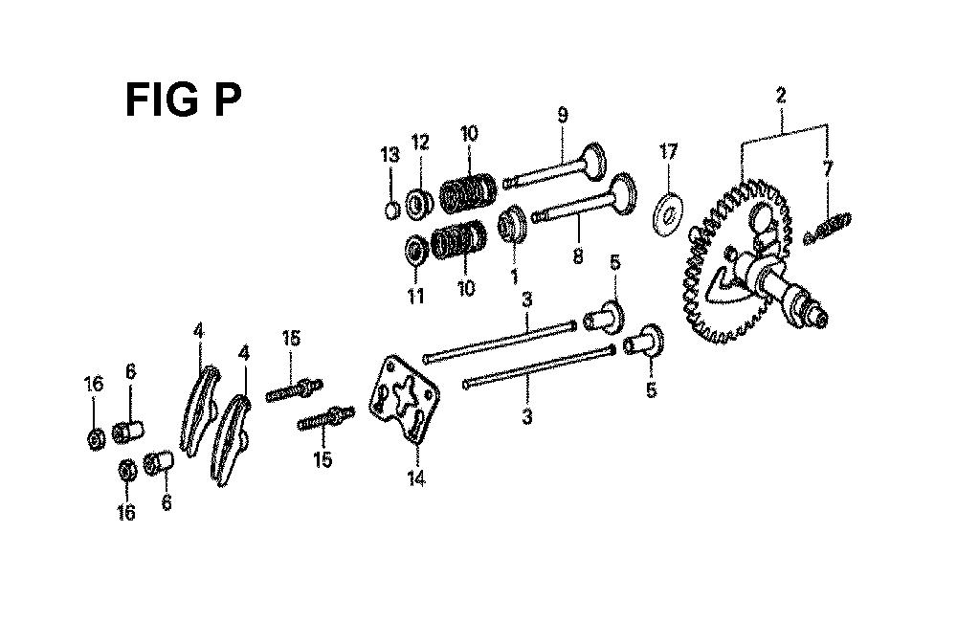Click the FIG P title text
coord(183,100)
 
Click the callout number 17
coord(668,151)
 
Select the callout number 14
coord(416,478)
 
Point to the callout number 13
coord(390,154)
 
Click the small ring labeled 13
coord(392,211)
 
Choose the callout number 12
coord(420,143)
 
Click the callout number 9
coord(562,115)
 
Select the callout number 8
coord(578,255)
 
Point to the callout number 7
coord(827,168)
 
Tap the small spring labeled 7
coord(828,228)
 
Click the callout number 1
coord(514,277)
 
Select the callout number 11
coord(415,297)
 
